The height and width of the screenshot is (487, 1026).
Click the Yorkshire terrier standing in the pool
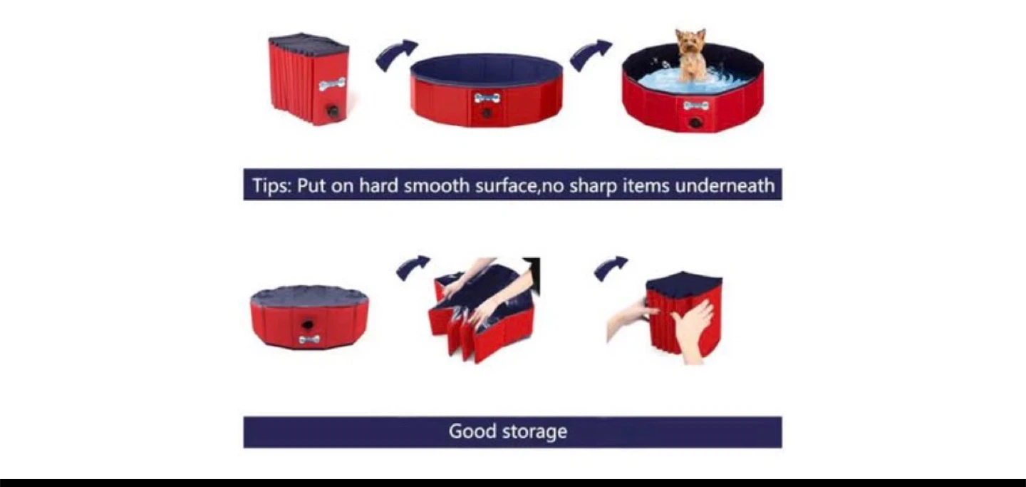point(690,55)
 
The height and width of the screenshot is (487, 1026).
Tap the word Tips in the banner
point(271,185)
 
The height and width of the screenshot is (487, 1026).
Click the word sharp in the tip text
point(593,185)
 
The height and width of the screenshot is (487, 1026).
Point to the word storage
point(534,431)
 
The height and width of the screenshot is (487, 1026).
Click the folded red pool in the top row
point(309,80)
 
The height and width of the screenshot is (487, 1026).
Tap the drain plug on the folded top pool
point(332,111)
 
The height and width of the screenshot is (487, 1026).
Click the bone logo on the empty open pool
point(487,98)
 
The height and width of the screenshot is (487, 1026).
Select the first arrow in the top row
point(396,54)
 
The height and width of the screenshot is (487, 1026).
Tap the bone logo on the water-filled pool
point(695,106)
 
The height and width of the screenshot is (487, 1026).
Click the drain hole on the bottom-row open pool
point(308,324)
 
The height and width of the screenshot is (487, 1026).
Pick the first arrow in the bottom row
point(413,267)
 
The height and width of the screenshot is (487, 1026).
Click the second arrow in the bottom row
point(611,267)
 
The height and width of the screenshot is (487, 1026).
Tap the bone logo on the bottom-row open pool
point(309,339)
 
